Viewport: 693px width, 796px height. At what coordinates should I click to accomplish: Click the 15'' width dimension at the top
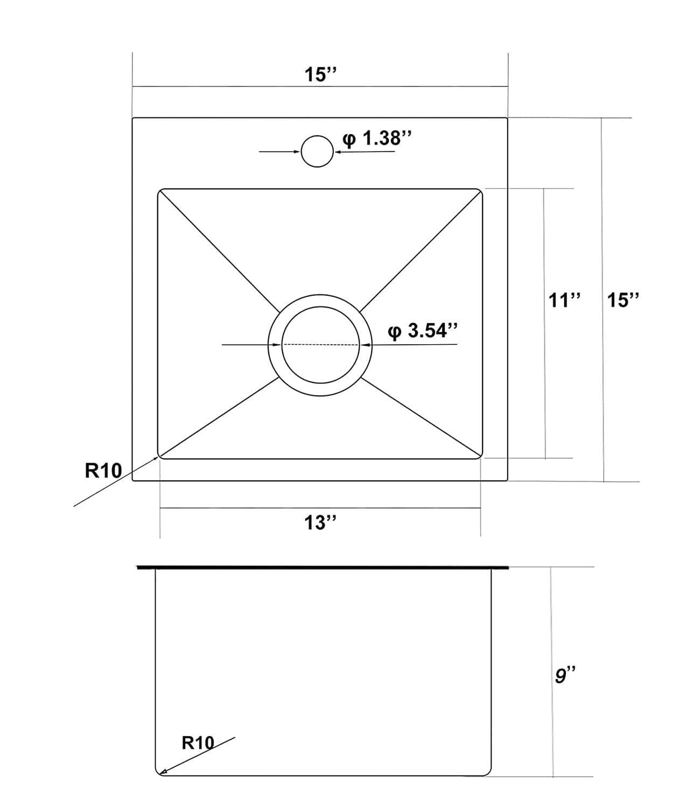coord(320,74)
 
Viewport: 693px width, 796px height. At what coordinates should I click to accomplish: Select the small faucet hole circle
coord(317,151)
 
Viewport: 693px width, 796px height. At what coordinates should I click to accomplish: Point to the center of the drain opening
coord(320,345)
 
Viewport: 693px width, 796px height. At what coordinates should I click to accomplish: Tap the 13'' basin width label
coord(320,522)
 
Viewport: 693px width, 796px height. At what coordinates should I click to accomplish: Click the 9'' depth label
coord(565,675)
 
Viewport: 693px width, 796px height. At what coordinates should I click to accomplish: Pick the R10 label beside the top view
coord(104,471)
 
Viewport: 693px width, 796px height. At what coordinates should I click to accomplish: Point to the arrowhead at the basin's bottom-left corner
coord(157,458)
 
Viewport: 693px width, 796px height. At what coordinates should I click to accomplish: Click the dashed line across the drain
coord(320,345)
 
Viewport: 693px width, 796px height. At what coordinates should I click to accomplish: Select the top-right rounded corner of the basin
coord(479,192)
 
